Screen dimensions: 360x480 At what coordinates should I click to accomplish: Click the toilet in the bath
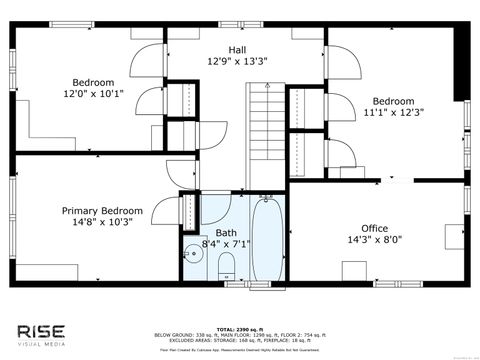click(226, 264)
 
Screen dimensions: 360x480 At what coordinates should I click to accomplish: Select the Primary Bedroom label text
click(102, 211)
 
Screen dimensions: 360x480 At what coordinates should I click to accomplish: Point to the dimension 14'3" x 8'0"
click(374, 240)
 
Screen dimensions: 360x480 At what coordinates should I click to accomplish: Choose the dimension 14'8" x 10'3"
click(102, 223)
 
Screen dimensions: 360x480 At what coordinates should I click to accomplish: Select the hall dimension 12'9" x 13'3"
click(236, 60)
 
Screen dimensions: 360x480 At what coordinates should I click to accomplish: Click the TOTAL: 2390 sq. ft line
click(237, 329)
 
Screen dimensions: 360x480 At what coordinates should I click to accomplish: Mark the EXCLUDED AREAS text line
click(237, 341)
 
